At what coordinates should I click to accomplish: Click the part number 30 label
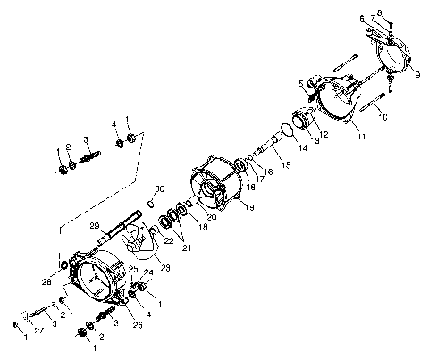[x=160, y=188]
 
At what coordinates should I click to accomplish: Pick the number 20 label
[x=211, y=217]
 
